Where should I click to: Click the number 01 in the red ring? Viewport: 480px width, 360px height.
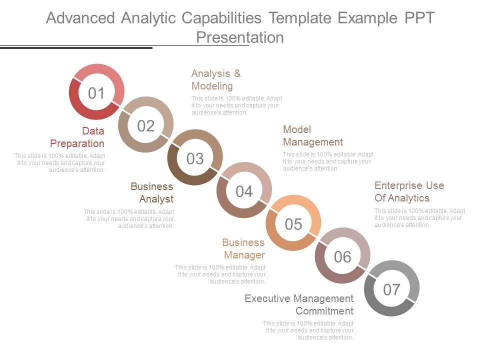(x=96, y=92)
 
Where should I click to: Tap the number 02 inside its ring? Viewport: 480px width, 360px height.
(x=145, y=125)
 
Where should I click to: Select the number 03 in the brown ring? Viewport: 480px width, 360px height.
(x=195, y=158)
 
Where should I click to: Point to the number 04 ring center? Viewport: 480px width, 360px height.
(x=244, y=191)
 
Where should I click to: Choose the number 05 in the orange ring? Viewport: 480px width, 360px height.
(x=293, y=224)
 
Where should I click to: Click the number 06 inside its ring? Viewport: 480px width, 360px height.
(x=342, y=256)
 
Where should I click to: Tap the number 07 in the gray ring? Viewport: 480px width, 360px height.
(x=391, y=289)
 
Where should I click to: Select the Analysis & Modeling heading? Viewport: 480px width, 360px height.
(x=216, y=80)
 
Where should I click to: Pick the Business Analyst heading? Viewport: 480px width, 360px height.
(x=152, y=193)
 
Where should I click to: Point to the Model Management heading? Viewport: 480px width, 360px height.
(x=313, y=135)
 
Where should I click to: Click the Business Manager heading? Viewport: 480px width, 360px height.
(x=243, y=249)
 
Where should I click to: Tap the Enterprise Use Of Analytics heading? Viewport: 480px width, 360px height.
(x=409, y=191)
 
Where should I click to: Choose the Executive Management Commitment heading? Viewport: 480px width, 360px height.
(x=299, y=304)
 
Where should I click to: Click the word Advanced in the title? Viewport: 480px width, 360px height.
(x=80, y=18)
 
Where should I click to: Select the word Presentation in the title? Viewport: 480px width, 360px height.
(x=240, y=37)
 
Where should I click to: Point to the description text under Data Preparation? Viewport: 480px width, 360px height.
(x=60, y=163)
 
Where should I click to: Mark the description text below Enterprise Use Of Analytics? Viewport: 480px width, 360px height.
(x=419, y=218)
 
